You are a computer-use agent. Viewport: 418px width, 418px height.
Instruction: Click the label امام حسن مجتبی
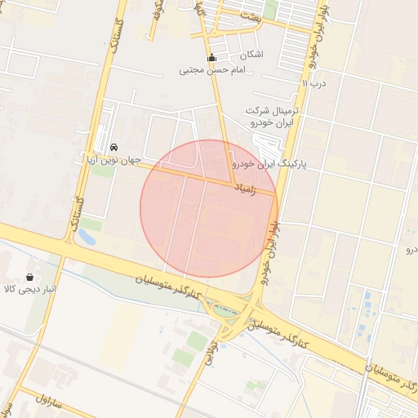coord(212,71)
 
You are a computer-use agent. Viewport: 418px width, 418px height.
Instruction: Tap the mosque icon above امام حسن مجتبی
coord(212,58)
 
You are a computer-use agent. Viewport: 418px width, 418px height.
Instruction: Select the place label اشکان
coord(251,55)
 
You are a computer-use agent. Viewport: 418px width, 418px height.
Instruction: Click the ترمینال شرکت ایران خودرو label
coord(273,116)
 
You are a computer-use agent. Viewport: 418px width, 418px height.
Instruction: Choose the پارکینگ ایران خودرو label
coord(269,164)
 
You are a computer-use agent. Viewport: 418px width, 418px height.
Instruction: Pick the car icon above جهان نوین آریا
coord(113,145)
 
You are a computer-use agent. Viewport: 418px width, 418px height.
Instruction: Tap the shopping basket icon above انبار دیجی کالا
coord(31,277)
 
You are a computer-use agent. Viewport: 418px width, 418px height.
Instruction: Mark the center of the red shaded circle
coord(209,209)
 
